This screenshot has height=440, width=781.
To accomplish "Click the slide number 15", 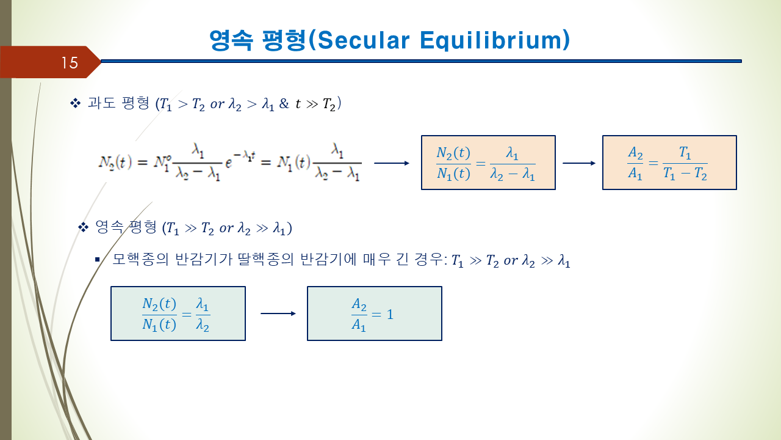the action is coord(70,63).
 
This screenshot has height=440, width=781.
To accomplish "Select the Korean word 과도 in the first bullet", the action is coord(101,103).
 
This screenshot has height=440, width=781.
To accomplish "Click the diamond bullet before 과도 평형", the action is coord(75,103).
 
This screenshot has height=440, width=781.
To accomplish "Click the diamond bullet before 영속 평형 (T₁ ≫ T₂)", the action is coord(84,228).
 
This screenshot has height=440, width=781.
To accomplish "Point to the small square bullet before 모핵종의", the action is coord(97,260).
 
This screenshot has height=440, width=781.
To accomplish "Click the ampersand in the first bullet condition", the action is coord(284,103).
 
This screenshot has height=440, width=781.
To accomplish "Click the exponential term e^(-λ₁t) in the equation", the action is coord(240,160).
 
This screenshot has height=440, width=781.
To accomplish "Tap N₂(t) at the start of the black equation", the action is coord(115,163).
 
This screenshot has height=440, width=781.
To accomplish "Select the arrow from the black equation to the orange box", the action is coord(392,163).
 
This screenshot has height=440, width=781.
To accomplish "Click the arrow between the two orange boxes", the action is coord(579,163).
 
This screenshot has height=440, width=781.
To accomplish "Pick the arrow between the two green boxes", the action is coord(278,313).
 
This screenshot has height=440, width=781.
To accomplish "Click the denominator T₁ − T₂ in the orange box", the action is coord(685,174).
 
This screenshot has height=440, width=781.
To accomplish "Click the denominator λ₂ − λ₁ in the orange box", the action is coord(513,174).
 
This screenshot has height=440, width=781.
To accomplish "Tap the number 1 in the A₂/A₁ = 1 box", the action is coord(390,315).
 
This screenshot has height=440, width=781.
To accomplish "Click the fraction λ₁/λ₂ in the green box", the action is coord(203,314).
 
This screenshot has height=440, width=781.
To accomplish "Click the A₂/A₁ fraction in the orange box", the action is coord(635,163).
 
